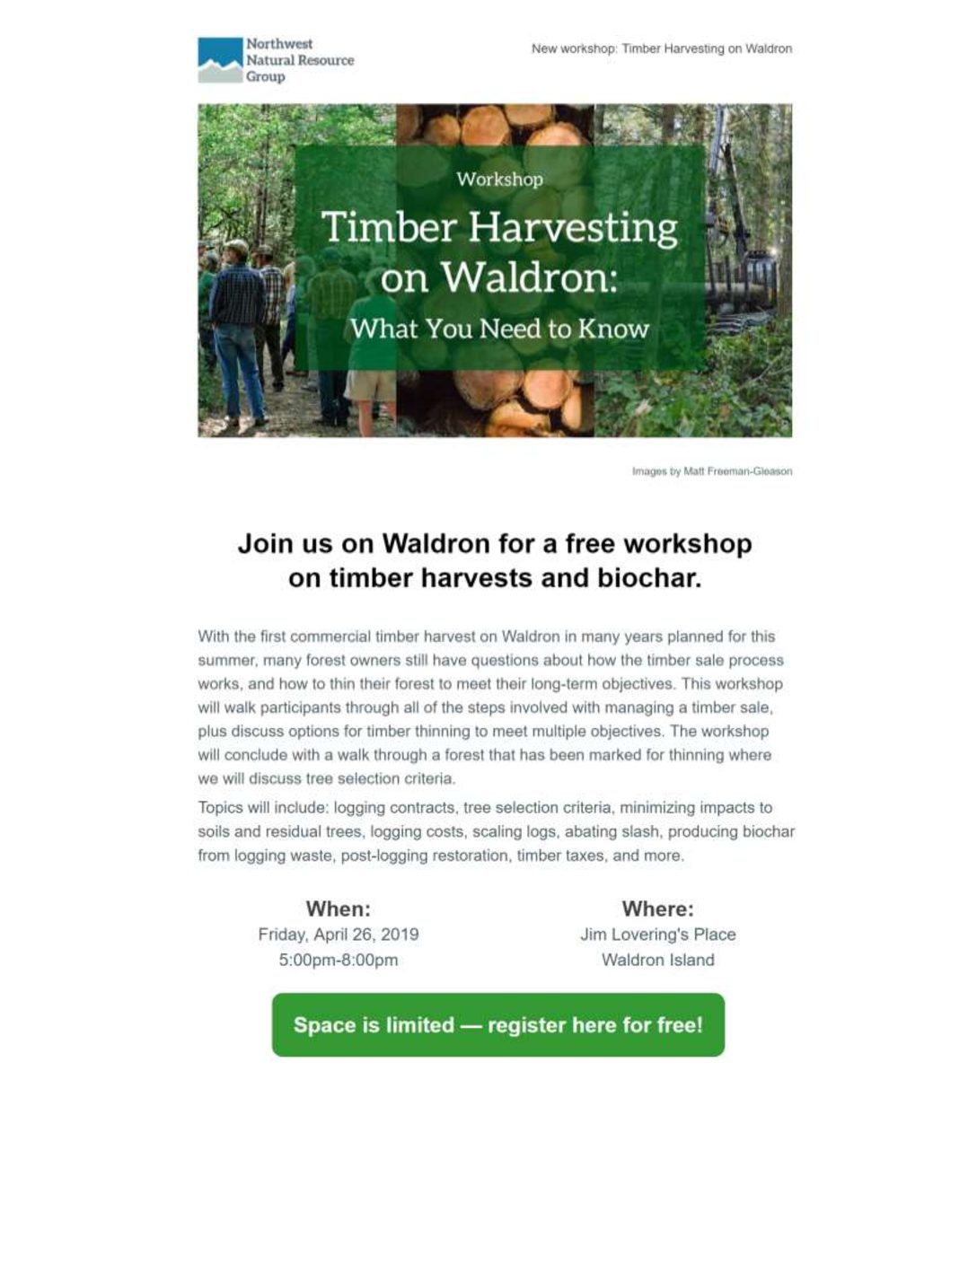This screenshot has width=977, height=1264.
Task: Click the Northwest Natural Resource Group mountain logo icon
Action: [x=220, y=60]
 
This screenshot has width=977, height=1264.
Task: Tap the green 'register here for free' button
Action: [x=498, y=1025]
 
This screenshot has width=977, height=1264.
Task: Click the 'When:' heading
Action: [x=338, y=908]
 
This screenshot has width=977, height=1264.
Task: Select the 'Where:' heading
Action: [x=657, y=908]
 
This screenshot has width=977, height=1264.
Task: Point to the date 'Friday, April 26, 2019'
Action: [x=338, y=935]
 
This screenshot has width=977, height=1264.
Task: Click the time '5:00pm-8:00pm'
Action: [x=338, y=960]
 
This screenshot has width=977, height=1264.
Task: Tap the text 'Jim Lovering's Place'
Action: [x=657, y=935]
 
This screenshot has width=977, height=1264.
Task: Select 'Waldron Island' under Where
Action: [x=657, y=960]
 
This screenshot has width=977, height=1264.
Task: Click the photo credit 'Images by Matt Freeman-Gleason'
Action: [x=712, y=471]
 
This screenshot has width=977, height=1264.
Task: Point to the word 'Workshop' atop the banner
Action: [x=499, y=180]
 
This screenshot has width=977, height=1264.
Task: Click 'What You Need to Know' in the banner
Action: [x=499, y=329]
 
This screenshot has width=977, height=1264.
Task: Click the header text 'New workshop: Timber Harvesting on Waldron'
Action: [x=662, y=48]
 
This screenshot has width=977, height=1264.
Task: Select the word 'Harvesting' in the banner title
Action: [x=573, y=228]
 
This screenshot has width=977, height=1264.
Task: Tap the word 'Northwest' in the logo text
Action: [x=279, y=44]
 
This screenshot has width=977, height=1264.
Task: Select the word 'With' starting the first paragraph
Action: [x=213, y=636]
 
